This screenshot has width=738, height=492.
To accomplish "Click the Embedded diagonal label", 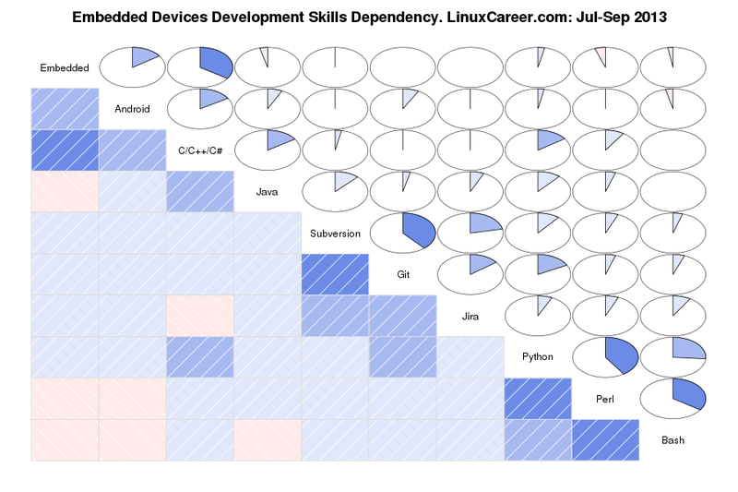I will (65, 67).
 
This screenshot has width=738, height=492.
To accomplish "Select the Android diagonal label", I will (132, 109).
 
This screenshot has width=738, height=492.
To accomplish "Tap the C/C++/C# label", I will (200, 150).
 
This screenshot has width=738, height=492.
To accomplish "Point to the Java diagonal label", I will (268, 192).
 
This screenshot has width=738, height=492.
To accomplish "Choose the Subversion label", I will (335, 234).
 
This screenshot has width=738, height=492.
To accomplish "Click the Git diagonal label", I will (402, 275).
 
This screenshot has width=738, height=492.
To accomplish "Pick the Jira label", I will (470, 317).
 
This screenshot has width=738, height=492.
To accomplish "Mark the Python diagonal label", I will (538, 357).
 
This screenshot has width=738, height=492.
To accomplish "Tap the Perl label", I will (605, 399).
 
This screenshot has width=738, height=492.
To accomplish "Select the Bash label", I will (673, 440).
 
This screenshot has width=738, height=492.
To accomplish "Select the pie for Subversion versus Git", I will (402, 232).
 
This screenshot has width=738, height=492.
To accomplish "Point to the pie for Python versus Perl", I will (605, 355).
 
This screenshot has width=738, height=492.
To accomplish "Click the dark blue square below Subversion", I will (335, 274).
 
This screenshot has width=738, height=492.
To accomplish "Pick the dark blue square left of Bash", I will (605, 439).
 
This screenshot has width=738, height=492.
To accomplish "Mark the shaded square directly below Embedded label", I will (65, 108).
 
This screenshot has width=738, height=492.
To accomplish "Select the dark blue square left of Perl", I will (538, 398).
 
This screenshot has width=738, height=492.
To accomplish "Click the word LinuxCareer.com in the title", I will (502, 18).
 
